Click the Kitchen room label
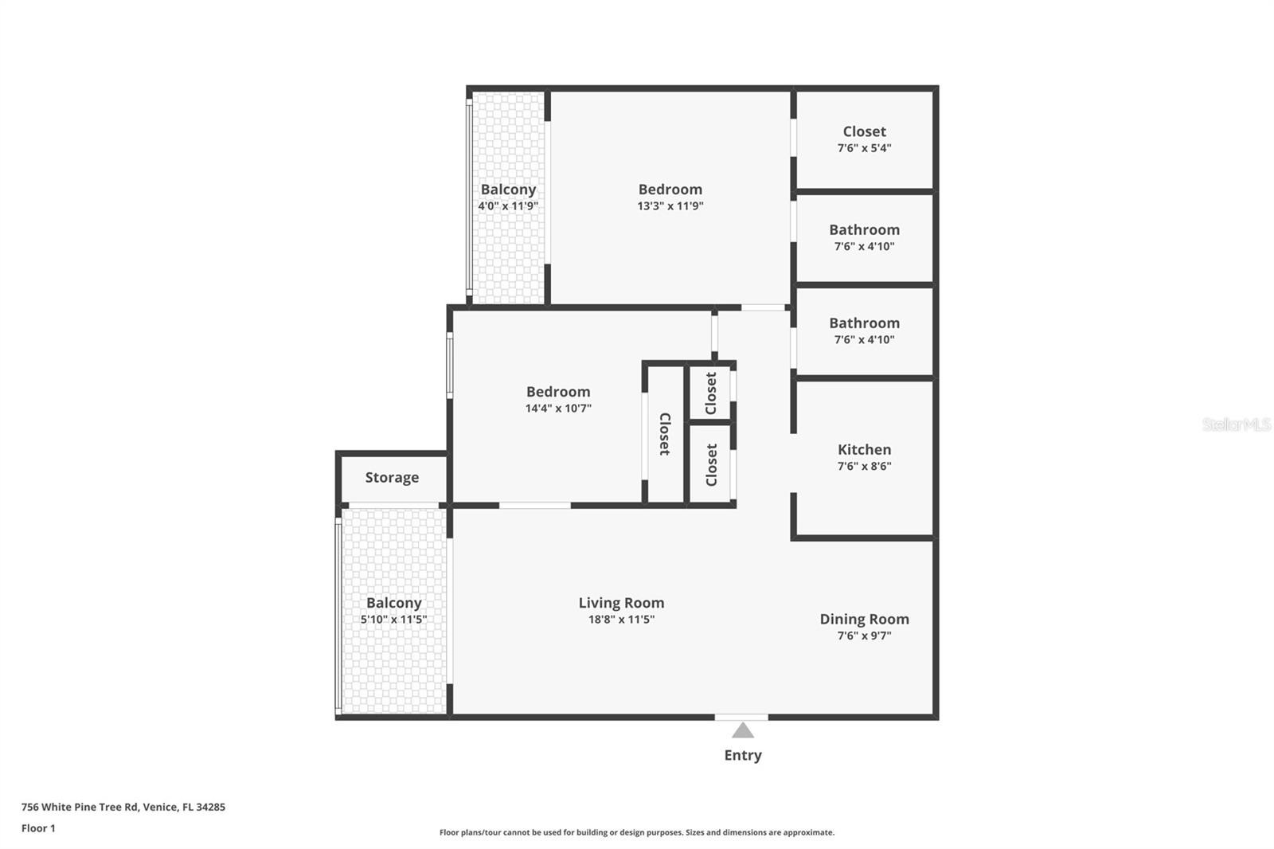tap(864, 449)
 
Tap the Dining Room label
tap(864, 619)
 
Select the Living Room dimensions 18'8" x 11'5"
tap(621, 619)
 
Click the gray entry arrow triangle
tap(742, 730)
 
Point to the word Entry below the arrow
tap(743, 755)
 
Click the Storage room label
tap(392, 477)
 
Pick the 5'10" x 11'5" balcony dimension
tap(393, 619)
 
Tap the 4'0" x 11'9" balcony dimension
tap(508, 206)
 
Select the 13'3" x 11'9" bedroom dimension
tap(670, 206)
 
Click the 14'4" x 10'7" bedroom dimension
tap(558, 408)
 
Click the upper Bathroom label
tap(864, 230)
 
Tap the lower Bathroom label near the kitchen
tap(864, 323)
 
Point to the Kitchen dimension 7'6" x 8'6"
tap(864, 466)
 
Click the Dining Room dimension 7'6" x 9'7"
tap(864, 636)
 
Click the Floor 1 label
tap(39, 828)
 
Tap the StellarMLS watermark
tap(1236, 424)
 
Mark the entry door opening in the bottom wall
tap(741, 717)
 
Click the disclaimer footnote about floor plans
tap(636, 832)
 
